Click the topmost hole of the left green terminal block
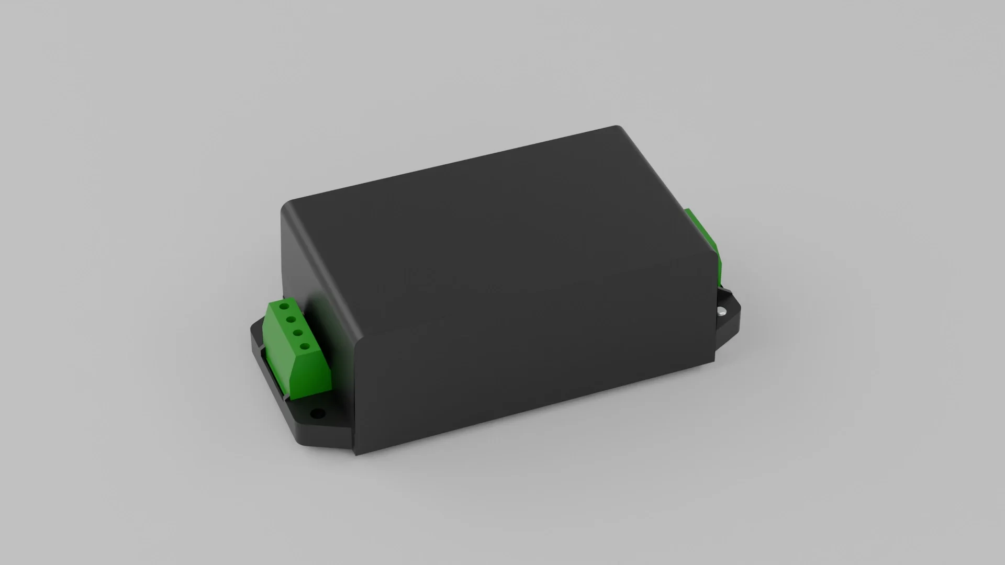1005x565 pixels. coord(284,306)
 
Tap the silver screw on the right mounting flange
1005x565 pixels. coord(722,311)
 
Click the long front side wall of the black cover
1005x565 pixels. coord(534,366)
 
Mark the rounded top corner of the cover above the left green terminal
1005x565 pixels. coord(286,207)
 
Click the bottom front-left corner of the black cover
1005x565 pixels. coord(356,453)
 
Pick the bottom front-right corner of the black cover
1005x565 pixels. coord(714,361)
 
